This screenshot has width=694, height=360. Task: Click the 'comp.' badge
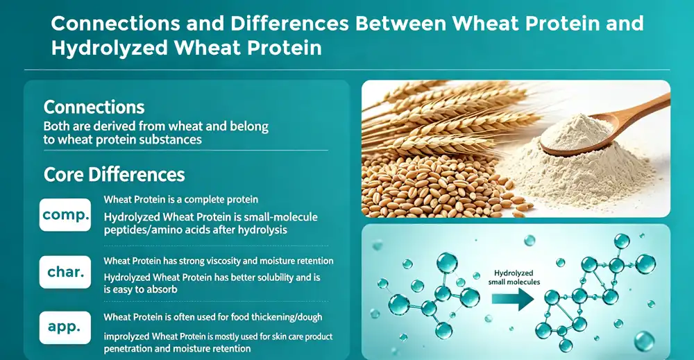pyautogui.click(x=66, y=215)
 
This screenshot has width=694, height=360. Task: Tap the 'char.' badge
pyautogui.click(x=66, y=273)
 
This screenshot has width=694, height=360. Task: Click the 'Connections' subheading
pyautogui.click(x=94, y=107)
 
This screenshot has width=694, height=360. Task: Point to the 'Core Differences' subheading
pyautogui.click(x=114, y=173)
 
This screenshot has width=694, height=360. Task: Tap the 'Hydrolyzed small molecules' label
pyautogui.click(x=513, y=277)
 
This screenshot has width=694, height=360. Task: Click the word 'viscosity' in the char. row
pyautogui.click(x=216, y=261)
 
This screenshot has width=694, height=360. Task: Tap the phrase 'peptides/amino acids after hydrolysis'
pyautogui.click(x=194, y=230)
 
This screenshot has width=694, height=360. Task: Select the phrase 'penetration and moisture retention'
pyautogui.click(x=177, y=348)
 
